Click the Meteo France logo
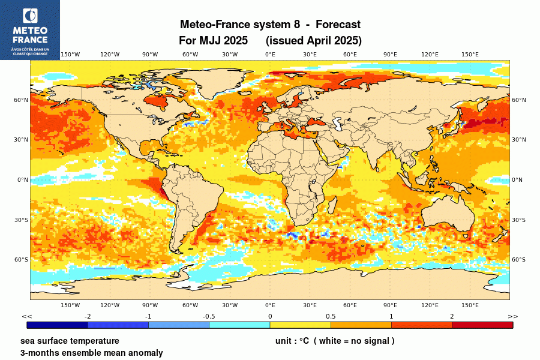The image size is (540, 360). point(29,29)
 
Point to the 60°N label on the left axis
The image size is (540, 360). point(22,100)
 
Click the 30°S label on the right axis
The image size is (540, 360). point(518,220)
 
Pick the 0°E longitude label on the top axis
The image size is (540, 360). point(270,55)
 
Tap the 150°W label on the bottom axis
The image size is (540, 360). point(70,305)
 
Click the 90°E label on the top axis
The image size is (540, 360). point(390,55)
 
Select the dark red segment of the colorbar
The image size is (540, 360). point(482,325)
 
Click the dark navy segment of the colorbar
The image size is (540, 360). point(58,325)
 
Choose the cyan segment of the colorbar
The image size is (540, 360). point(239,325)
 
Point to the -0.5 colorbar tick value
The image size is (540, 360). point(209,316)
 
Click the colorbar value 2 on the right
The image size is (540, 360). point(452,316)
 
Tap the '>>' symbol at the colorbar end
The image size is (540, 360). point(512,316)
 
